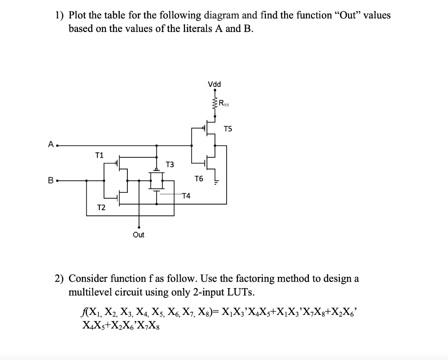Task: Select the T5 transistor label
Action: pos(228,129)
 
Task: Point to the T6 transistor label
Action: pos(199,179)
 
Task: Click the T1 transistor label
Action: pos(99,155)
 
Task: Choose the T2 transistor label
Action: pos(101,208)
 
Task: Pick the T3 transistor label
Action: pos(170,165)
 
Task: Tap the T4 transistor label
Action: pos(186,195)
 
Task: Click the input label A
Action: pos(51,144)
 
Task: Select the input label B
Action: pos(51,180)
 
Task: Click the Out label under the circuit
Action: pos(139,235)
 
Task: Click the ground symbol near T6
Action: pos(215,182)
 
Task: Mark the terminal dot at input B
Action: pos(57,180)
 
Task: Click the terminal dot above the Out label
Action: pos(139,227)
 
